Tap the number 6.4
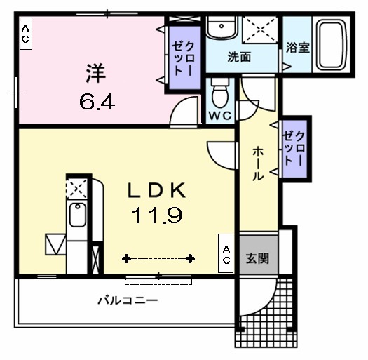pos(97,101)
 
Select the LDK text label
pos(156,191)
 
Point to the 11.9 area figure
pos(156,215)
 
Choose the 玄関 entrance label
pos(257,258)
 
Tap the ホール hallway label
pos(258,163)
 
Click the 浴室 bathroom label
pos(298,48)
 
